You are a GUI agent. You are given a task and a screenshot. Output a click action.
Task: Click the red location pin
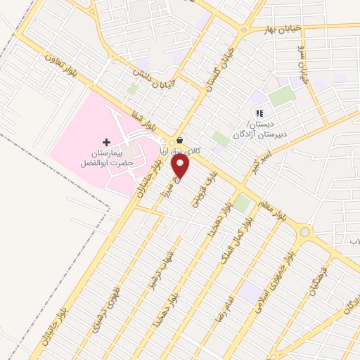(181, 166)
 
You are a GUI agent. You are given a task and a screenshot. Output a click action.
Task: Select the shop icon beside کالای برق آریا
(180, 140)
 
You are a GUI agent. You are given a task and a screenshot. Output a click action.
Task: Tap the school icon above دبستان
(259, 113)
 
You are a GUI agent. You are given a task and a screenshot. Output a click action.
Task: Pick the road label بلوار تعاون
(66, 62)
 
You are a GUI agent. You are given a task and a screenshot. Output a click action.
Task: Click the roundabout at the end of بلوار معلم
(305, 231)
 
